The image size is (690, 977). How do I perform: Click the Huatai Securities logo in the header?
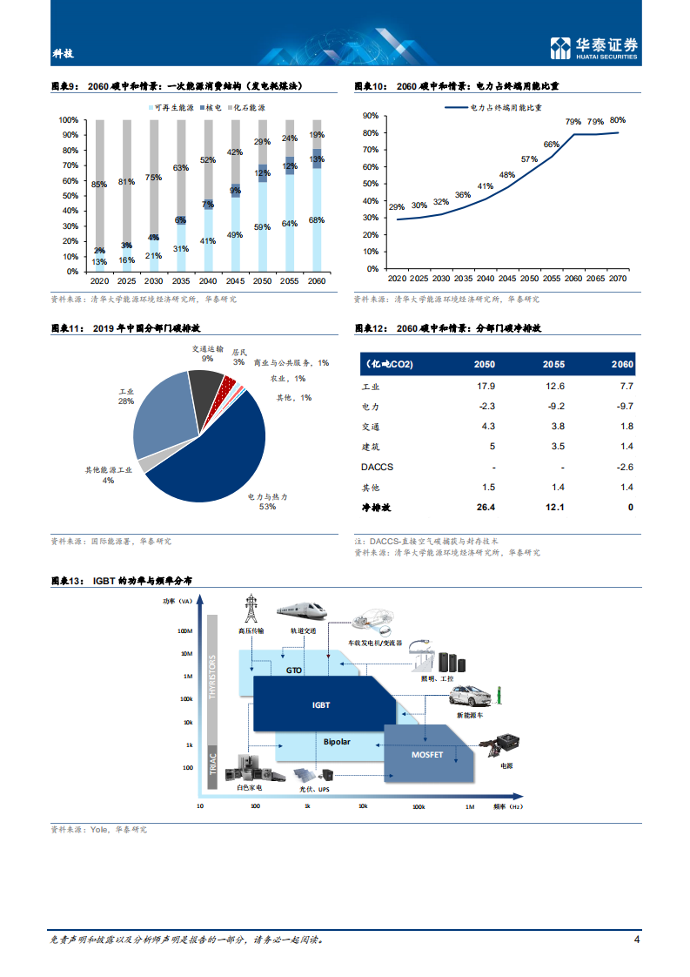click(593, 48)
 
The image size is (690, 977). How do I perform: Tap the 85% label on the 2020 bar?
click(99, 184)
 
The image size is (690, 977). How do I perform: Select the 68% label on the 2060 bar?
click(317, 219)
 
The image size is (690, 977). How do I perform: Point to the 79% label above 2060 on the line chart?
click(573, 122)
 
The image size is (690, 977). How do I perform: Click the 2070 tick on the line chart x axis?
click(618, 278)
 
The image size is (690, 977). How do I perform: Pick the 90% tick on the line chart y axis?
click(370, 115)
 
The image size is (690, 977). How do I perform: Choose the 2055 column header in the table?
click(555, 363)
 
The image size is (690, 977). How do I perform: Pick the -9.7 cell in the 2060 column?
click(624, 407)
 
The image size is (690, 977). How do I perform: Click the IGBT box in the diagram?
click(322, 705)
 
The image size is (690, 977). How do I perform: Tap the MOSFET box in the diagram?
click(427, 754)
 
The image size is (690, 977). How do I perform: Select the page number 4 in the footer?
click(637, 940)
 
